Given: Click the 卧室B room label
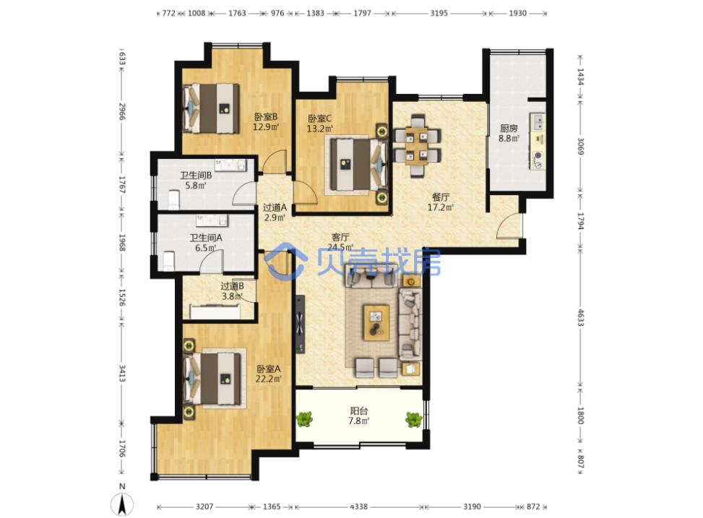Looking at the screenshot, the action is click(266, 118).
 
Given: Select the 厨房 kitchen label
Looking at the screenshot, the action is click(509, 129).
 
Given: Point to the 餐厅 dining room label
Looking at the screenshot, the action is click(441, 197).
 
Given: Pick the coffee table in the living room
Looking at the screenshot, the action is click(376, 323).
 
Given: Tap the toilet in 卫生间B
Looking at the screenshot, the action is click(173, 200).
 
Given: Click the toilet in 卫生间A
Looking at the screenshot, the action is click(168, 261).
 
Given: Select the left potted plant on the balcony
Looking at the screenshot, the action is click(304, 420).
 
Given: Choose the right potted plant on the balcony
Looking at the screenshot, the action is click(413, 420).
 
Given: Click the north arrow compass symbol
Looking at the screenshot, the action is click(122, 504).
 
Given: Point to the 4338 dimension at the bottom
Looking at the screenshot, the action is click(358, 506).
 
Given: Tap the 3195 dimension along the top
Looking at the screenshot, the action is click(439, 13).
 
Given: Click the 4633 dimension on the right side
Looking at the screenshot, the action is click(581, 318).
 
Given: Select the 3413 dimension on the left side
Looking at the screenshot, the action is click(122, 373).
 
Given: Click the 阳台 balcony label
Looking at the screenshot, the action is click(359, 410).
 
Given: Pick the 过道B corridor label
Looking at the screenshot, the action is click(232, 286).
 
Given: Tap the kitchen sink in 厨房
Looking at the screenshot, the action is click(538, 122).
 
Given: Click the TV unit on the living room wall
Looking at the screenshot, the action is click(301, 324).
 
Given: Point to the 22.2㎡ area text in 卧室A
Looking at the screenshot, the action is click(269, 379).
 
